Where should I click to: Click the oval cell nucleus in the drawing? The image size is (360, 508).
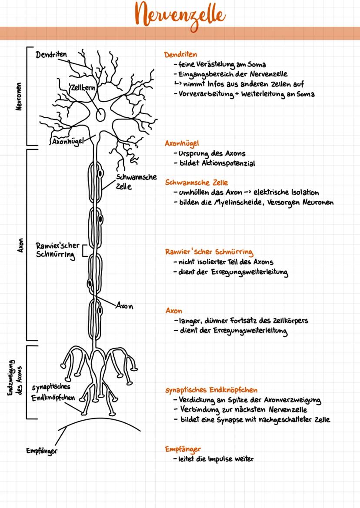[100, 114]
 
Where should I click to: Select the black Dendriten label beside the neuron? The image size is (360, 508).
[51, 55]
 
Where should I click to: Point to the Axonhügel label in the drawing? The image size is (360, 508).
[66, 142]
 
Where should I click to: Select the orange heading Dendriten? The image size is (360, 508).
[180, 55]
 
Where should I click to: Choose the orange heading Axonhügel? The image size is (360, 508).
[182, 143]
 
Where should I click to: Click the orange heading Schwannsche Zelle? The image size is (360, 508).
[196, 183]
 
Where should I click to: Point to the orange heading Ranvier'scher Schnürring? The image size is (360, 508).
[209, 252]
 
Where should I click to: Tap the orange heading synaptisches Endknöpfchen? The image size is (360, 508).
[214, 390]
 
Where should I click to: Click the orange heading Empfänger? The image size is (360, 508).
[183, 448]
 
